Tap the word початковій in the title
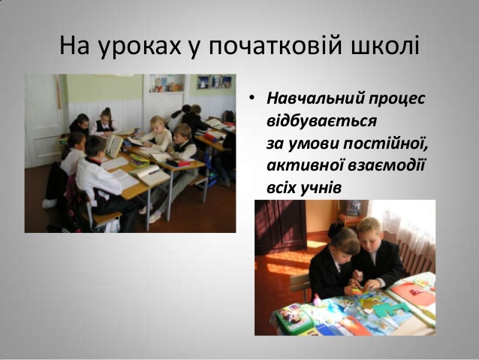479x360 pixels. (x=275, y=45)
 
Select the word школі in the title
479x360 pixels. (x=384, y=45)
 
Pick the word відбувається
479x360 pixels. (x=321, y=120)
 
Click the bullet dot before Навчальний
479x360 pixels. (x=252, y=98)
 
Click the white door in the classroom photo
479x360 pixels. (x=44, y=121)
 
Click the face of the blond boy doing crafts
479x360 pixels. (x=370, y=236)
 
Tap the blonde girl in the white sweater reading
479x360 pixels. (x=158, y=134)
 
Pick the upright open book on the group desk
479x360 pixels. (x=114, y=146)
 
